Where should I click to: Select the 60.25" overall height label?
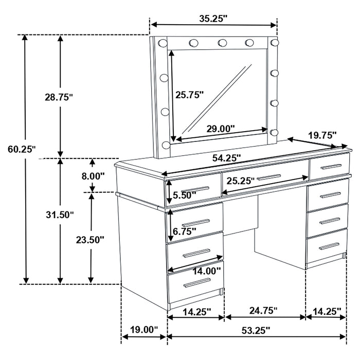22,149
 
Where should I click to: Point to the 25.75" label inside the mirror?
189,95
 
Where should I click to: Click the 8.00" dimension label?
93,175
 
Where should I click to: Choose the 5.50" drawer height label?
184,195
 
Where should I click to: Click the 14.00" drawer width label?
206,269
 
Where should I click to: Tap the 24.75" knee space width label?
264,311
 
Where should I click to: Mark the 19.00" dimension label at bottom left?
145,329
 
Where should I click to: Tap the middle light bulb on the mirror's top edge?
222,43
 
